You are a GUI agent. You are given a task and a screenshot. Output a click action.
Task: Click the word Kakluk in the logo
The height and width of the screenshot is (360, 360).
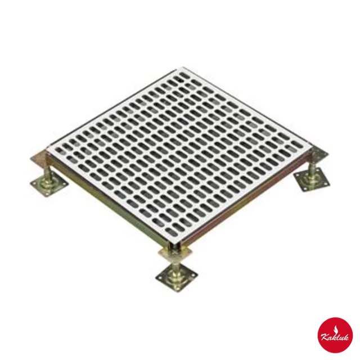click(x=335, y=336)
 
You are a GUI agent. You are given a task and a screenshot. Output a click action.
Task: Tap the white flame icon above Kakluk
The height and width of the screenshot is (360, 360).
click(x=335, y=328)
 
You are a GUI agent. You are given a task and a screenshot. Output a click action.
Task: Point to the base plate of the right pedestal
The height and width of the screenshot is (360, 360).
click(x=311, y=179)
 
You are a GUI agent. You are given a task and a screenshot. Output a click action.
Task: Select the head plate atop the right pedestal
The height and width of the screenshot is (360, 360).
click(x=319, y=154)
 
